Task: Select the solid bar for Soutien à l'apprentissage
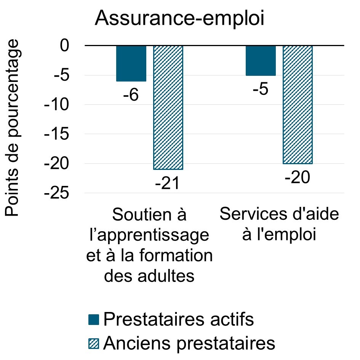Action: [x=131, y=63]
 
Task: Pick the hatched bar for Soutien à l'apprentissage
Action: [x=168, y=107]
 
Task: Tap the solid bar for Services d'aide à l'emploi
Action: [x=261, y=61]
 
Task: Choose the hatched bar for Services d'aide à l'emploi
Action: [x=298, y=104]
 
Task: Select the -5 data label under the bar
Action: [x=261, y=90]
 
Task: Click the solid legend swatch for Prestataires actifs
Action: [x=93, y=320]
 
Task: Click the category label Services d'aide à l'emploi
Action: [x=279, y=225]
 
